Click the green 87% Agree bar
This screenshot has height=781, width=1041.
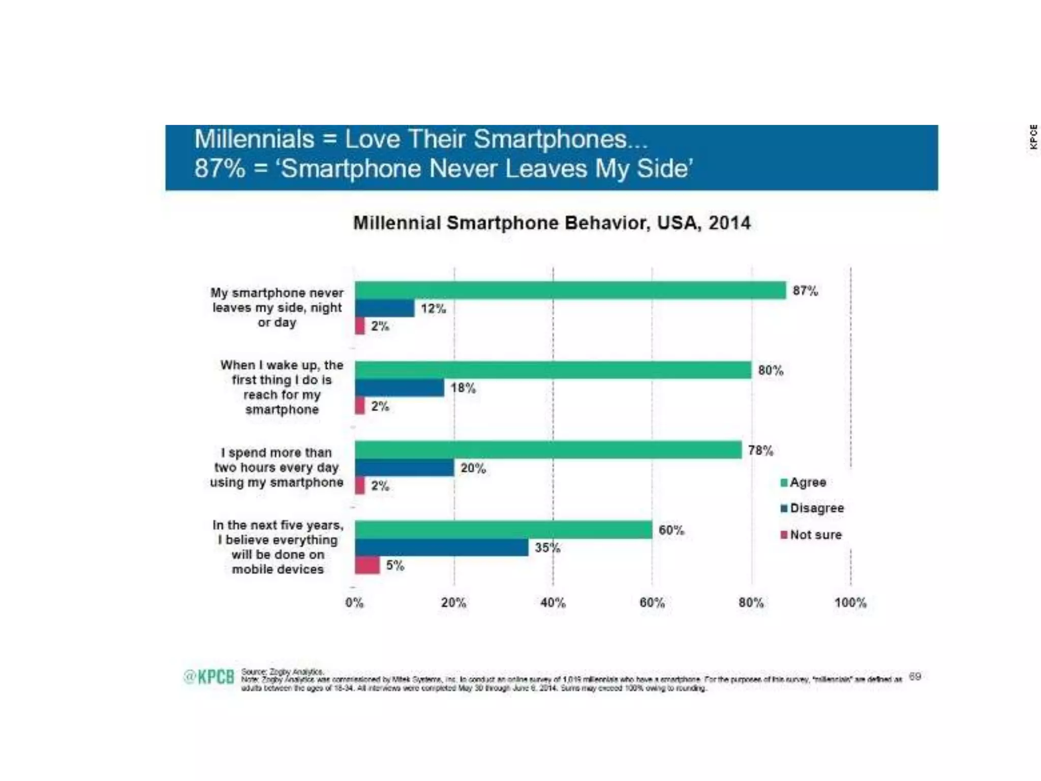coord(570,290)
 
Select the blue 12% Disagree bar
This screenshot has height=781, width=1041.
coord(385,308)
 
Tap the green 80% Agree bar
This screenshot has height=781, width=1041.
coord(553,370)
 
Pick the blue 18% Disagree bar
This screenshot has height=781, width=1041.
coord(400,388)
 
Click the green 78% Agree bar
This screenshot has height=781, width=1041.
coord(548,450)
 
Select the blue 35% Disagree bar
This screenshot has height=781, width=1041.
coord(442,548)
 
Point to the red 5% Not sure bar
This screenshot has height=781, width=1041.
coord(367,565)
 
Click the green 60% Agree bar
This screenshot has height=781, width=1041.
coord(503,530)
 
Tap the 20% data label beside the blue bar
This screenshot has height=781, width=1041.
coord(473,468)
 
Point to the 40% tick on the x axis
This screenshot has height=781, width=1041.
coord(553,603)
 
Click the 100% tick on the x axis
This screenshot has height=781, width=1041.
coord(850,603)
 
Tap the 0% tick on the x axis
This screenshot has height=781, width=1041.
coord(354,603)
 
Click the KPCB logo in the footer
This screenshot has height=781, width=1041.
coord(209,677)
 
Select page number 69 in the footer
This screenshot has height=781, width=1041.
coord(914,676)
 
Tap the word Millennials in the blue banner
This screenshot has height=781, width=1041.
coord(254,139)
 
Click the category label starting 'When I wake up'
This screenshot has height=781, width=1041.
coord(282,387)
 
